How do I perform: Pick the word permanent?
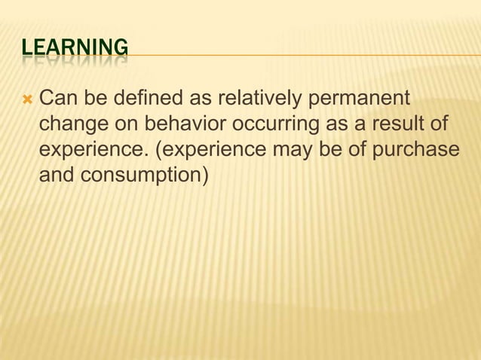(x=360, y=99)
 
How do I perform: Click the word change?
(x=72, y=124)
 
